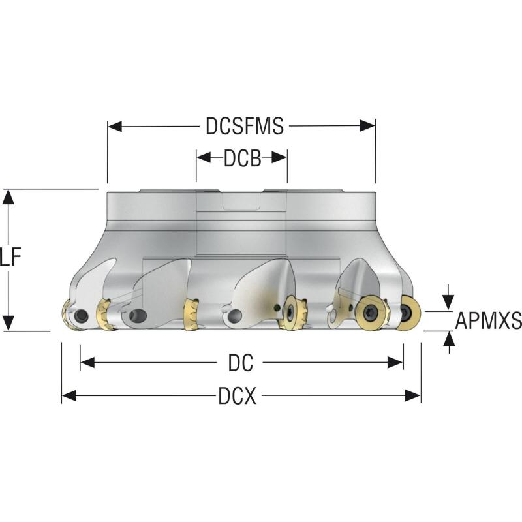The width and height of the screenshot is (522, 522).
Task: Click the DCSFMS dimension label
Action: [245, 126]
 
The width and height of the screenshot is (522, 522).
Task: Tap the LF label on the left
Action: [10, 257]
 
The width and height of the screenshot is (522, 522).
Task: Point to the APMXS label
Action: [488, 320]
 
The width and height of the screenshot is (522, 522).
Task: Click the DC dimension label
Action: [241, 363]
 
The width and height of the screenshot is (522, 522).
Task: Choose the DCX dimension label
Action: [238, 396]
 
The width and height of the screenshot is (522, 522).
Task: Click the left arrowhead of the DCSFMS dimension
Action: [115, 126]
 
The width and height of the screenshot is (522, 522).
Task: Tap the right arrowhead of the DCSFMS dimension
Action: [368, 126]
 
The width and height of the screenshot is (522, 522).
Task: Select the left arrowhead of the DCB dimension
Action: [204, 158]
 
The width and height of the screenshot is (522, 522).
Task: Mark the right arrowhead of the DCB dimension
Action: [279, 158]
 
